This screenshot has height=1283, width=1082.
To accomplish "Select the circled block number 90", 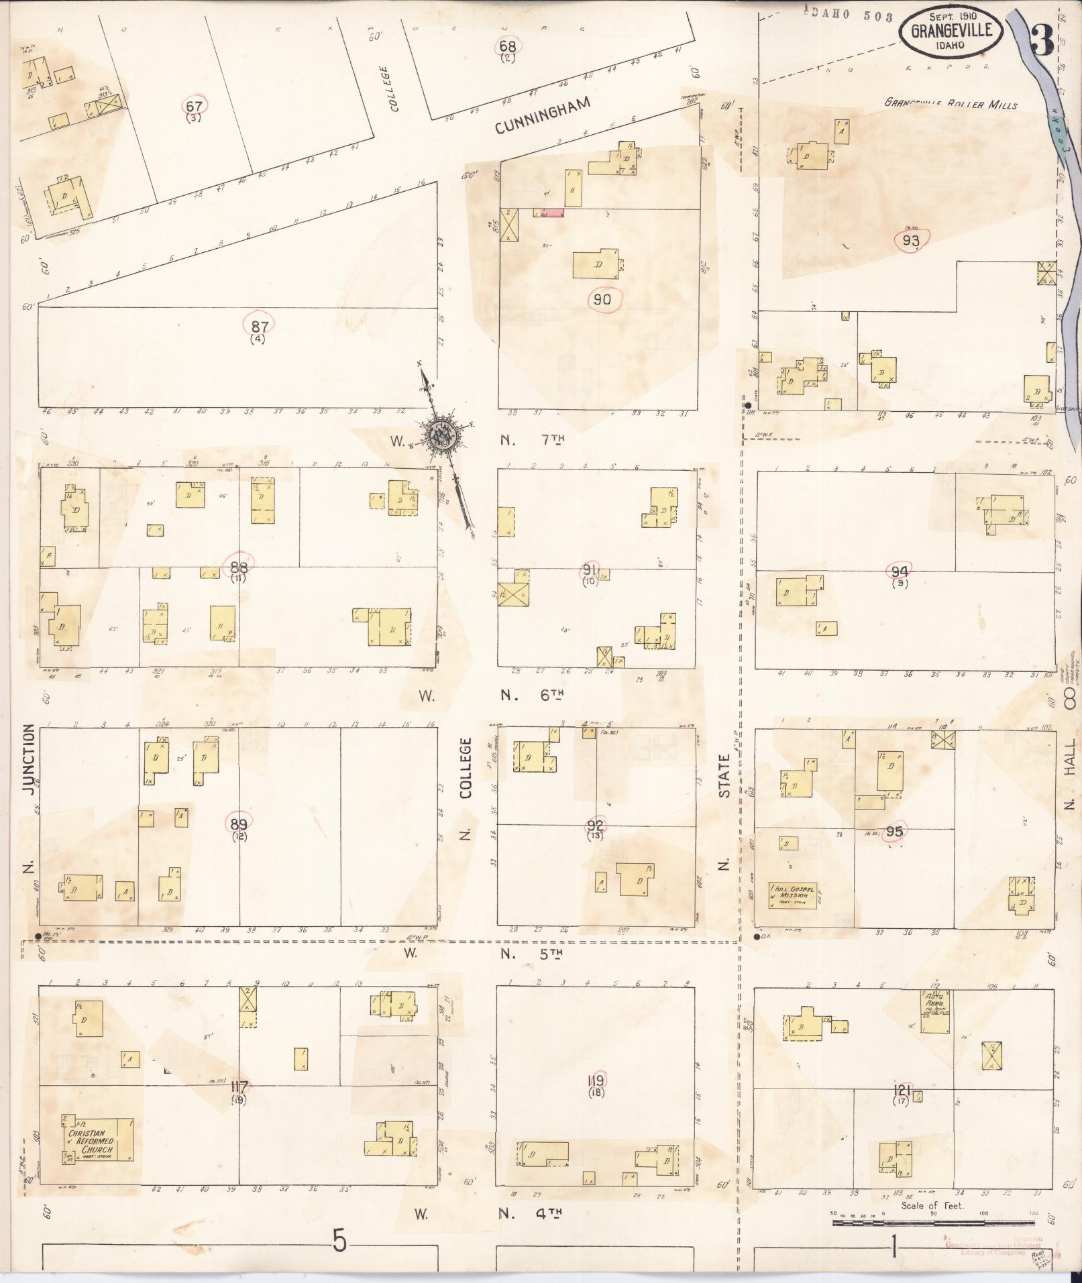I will point(602,299).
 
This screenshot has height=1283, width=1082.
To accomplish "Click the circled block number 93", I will point(911,240).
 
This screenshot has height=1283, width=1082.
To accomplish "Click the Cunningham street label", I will point(544,116).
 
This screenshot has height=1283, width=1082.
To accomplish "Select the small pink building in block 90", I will point(548,213).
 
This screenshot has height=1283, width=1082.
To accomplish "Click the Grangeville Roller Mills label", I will point(951,104).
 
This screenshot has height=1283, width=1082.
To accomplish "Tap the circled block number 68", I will point(508,46).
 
